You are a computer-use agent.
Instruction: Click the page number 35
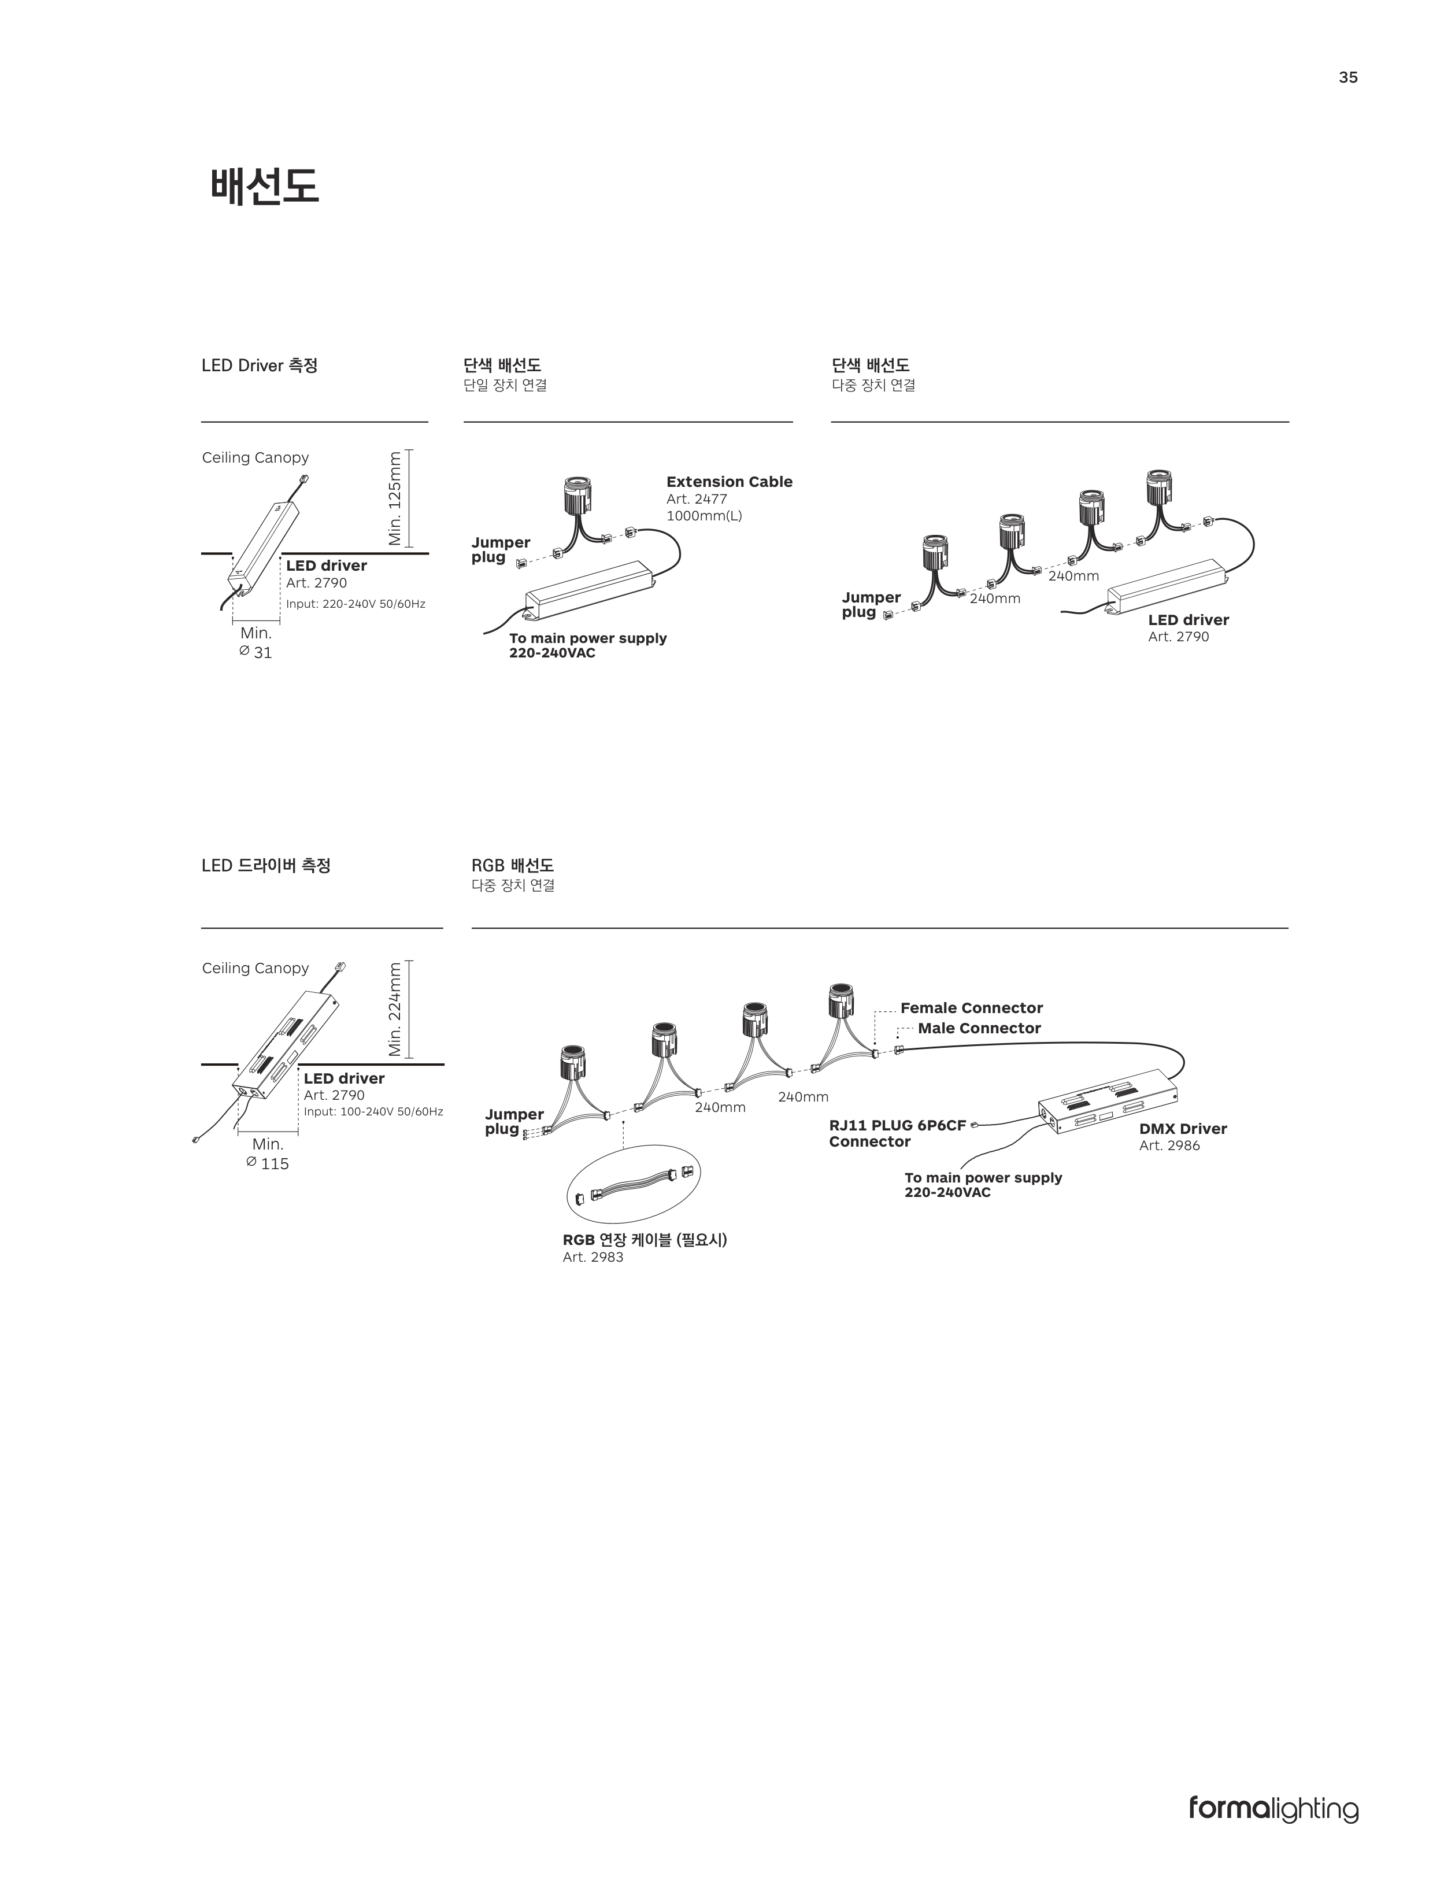click(x=1347, y=77)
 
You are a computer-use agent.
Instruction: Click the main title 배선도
click(x=265, y=186)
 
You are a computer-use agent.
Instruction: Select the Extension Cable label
click(x=729, y=482)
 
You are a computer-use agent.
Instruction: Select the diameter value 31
click(x=263, y=652)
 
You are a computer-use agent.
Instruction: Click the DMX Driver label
click(x=1183, y=1129)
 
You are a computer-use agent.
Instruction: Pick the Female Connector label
click(x=971, y=1007)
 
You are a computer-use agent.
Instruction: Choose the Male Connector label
click(x=979, y=1028)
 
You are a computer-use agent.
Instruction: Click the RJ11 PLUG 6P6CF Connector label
click(x=897, y=1133)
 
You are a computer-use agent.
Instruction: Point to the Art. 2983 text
click(x=593, y=1257)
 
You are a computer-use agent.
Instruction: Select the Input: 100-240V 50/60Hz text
click(x=373, y=1111)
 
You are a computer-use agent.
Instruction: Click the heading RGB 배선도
click(x=512, y=865)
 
